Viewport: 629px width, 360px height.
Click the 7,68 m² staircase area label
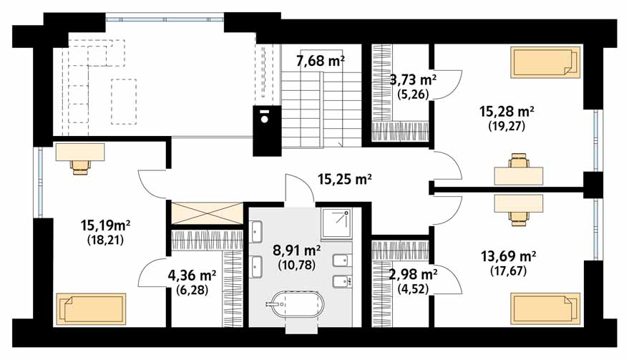(x=320, y=61)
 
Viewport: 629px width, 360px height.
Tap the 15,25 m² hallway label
(x=344, y=179)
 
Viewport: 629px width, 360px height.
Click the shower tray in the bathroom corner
(x=336, y=223)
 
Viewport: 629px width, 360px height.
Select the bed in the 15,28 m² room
(x=545, y=62)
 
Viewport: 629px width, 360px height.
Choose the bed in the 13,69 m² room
(x=545, y=308)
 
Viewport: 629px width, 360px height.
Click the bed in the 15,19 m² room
(x=91, y=308)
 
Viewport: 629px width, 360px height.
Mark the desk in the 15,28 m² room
(x=519, y=176)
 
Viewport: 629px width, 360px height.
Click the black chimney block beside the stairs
(x=267, y=130)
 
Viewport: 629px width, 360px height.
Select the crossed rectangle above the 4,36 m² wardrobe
(x=207, y=213)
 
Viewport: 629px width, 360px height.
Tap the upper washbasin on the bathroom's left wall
(x=256, y=231)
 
